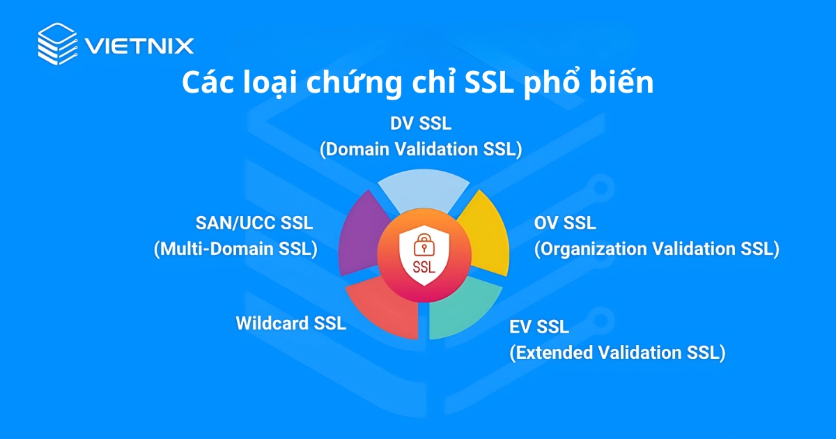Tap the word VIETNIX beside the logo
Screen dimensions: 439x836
(139, 46)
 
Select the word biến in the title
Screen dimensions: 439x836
(622, 83)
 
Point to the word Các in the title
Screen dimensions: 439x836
(207, 83)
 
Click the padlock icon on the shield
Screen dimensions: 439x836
(422, 245)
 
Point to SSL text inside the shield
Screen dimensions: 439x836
(422, 266)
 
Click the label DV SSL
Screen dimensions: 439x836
(421, 124)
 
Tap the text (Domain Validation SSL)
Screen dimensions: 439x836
(421, 148)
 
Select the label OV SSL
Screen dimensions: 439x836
(565, 224)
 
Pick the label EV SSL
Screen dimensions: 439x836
(539, 326)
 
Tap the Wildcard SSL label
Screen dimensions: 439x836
(291, 323)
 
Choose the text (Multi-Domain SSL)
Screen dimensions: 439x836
(235, 249)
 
